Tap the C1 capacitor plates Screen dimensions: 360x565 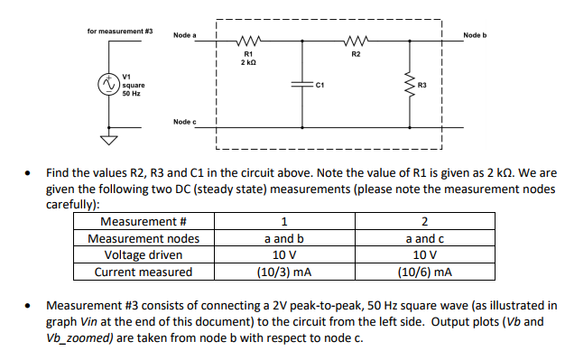(301, 85)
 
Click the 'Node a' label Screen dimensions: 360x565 (185, 34)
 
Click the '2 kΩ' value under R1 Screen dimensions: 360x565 (245, 62)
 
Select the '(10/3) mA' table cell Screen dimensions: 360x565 (284, 272)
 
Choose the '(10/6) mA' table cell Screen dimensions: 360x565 (424, 272)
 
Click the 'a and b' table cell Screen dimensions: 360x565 (284, 238)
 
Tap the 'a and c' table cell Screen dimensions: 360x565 (424, 238)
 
